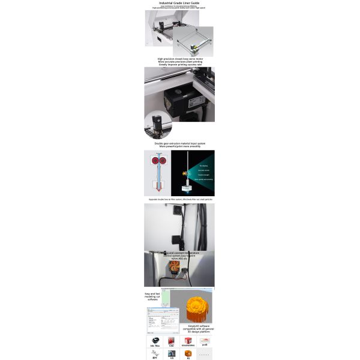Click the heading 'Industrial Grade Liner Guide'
point(179,3)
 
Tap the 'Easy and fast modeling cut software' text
point(152,296)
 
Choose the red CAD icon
point(172,340)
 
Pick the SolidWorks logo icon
point(188,340)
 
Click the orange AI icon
point(188,354)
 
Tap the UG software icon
point(172,354)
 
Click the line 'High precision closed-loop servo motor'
point(179,59)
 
